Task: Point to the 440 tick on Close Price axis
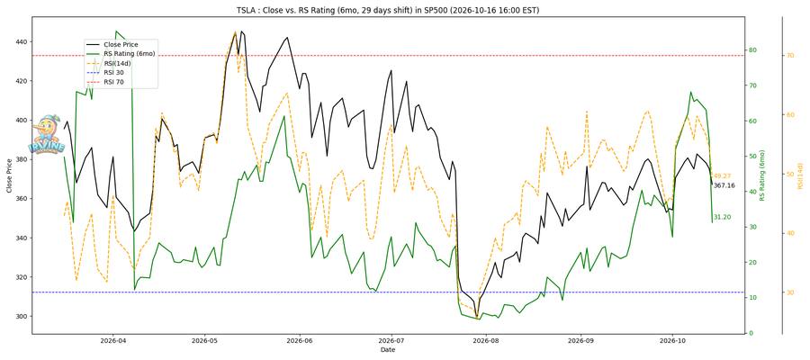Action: [22, 41]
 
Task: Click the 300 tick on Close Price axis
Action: [22, 317]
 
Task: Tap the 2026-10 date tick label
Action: [672, 341]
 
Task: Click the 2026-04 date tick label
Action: [112, 341]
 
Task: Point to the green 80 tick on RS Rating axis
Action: [752, 50]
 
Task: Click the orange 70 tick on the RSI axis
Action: [790, 55]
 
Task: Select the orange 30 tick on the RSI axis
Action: [790, 292]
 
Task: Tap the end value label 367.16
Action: [724, 185]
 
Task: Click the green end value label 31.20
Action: [722, 218]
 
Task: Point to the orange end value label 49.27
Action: [722, 176]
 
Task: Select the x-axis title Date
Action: [388, 350]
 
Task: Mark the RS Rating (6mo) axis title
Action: [762, 175]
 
